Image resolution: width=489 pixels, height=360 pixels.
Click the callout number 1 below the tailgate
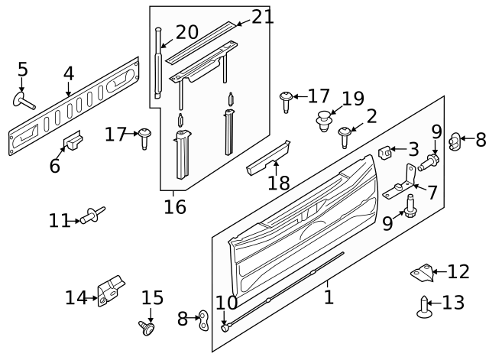pos(329,297)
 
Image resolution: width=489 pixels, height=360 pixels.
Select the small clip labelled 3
pos(386,152)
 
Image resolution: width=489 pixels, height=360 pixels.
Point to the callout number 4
pos(69,74)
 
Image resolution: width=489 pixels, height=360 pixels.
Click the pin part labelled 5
pos(23,100)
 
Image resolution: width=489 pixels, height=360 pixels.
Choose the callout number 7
pos(432,193)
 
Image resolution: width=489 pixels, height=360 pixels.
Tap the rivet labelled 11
pos(94,215)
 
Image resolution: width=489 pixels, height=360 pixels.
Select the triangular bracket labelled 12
pos(419,271)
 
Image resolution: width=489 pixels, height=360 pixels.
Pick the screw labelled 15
pos(147,328)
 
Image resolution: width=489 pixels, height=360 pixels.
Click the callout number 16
pos(175,207)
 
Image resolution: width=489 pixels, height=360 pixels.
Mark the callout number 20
pos(186,33)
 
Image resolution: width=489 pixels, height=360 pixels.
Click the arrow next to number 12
pos(439,271)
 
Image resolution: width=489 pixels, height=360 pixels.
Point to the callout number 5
pos(23,70)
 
